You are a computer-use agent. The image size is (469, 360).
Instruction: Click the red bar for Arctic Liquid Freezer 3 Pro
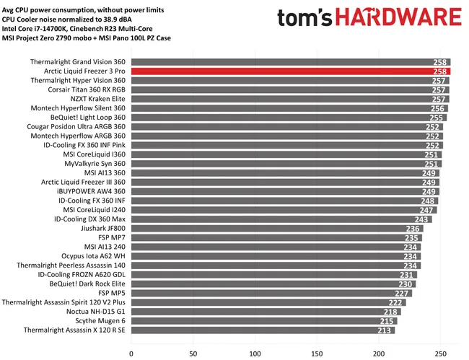pyautogui.click(x=289, y=72)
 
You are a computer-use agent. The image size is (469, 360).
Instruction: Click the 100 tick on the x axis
pyautogui.click(x=255, y=354)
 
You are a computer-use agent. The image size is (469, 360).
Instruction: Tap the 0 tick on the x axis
pyautogui.click(x=131, y=354)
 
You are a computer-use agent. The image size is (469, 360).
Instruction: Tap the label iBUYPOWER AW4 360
pyautogui.click(x=91, y=191)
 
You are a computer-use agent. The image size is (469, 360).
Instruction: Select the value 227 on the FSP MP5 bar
pyautogui.click(x=402, y=294)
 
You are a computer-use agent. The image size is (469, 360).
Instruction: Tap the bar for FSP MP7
pyautogui.click(x=274, y=237)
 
